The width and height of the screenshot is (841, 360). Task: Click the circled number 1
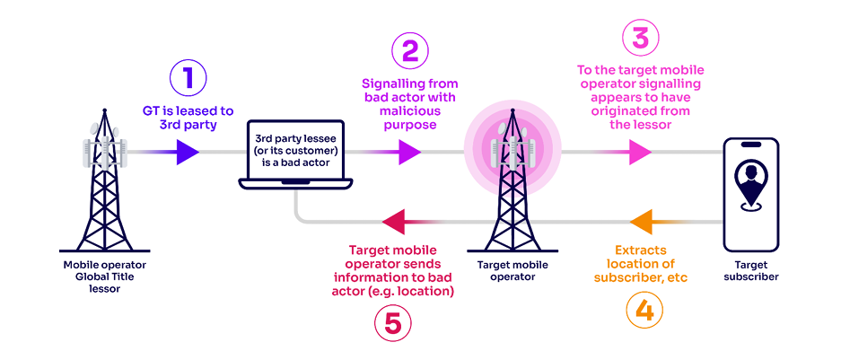click(x=188, y=78)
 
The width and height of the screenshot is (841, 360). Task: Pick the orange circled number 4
click(x=642, y=310)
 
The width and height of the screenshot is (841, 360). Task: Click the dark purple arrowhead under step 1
click(x=187, y=153)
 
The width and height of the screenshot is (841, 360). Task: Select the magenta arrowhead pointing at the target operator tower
click(x=408, y=153)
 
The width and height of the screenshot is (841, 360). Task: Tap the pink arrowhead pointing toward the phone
click(x=640, y=153)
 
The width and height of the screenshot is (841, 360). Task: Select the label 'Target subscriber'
click(x=749, y=270)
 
